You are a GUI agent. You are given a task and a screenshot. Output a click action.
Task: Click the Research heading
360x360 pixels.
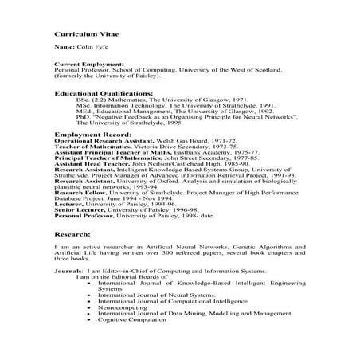[70, 236]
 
